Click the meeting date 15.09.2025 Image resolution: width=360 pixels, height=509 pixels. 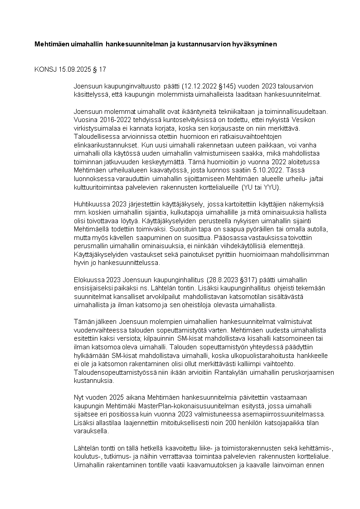point(76,69)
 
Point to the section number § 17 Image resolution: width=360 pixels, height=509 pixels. point(101,69)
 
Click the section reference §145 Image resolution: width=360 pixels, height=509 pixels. point(225,86)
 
